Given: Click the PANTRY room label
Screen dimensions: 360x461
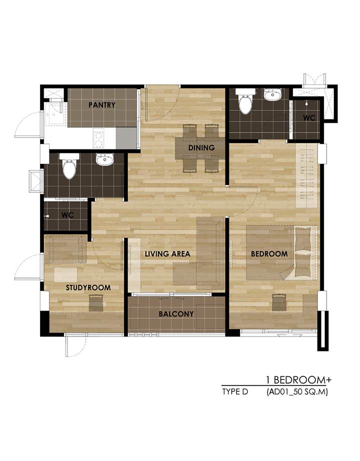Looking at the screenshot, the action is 102,104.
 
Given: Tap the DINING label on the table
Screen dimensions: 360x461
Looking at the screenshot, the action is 201,147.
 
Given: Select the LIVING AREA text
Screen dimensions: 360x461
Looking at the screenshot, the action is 167,253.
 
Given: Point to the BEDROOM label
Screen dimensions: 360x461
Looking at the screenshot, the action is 269,253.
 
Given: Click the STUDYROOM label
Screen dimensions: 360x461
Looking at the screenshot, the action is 88,287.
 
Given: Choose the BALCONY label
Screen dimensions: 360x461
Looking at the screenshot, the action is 176,314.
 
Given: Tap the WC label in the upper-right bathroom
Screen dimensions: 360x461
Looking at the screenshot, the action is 309,118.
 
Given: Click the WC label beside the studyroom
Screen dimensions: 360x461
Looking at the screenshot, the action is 67,215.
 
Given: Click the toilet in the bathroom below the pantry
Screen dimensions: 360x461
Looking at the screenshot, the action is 69,166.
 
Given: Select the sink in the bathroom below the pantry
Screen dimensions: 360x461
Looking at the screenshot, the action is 104,159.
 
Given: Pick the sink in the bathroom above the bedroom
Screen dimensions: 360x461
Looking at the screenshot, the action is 272,94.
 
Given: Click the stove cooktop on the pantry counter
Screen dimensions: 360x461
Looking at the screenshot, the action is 98,139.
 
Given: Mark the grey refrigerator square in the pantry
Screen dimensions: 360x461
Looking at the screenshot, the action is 126,138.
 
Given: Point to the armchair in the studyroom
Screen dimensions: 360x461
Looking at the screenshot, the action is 66,249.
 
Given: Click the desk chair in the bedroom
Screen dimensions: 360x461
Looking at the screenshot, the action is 279,302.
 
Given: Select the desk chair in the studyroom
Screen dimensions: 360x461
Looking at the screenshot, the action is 96,303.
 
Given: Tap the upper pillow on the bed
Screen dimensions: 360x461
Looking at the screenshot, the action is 302,238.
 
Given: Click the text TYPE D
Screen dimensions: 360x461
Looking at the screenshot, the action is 235,392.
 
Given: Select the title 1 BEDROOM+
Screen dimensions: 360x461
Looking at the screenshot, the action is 298,380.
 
